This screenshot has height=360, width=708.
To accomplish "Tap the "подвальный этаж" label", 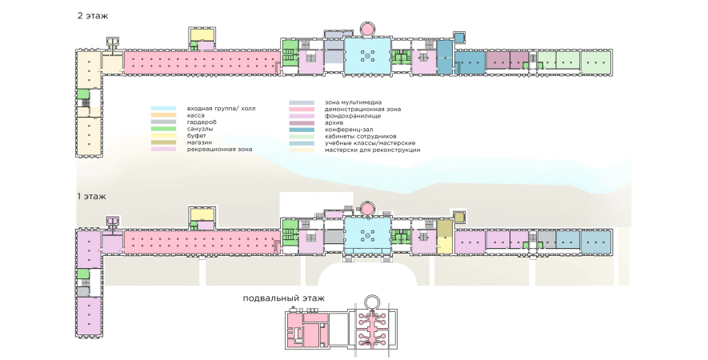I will pyautogui.click(x=284, y=298).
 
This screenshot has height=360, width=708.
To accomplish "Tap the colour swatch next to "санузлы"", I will pyautogui.click(x=164, y=129).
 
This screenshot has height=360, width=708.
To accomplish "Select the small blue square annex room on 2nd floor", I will pyautogui.click(x=459, y=37).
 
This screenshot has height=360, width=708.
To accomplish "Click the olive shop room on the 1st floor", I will pyautogui.click(x=446, y=238).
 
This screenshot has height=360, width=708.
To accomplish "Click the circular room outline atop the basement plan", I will pyautogui.click(x=370, y=302).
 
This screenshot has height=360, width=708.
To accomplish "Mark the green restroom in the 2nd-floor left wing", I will pyautogui.click(x=83, y=94).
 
